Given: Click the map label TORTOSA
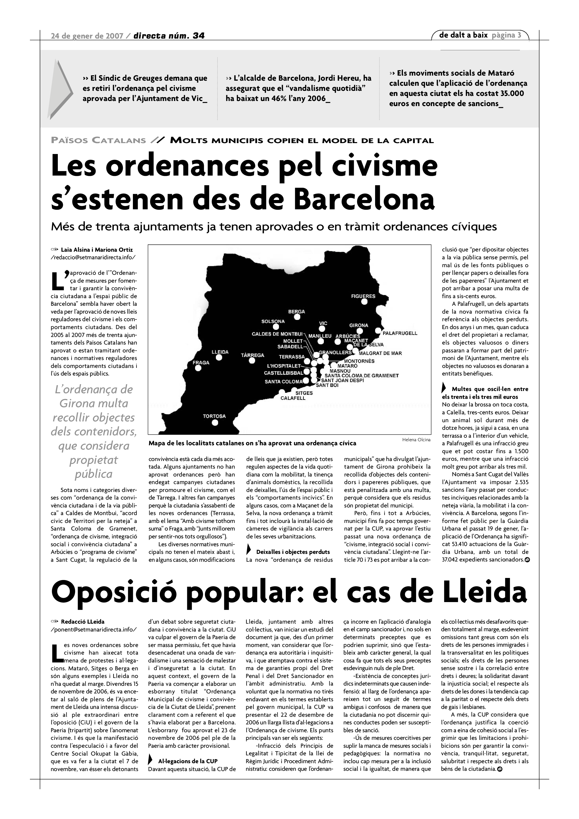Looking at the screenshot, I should (x=214, y=416).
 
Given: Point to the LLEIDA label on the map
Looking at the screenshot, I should (x=220, y=352).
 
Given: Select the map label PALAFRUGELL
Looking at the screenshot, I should (x=400, y=333).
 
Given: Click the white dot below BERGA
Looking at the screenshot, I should (x=297, y=317).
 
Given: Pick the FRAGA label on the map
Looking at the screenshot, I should (x=201, y=362).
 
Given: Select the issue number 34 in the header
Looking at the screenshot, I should (x=199, y=36).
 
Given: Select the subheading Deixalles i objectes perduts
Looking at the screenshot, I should (x=293, y=552).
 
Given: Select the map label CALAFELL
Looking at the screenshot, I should (x=293, y=398).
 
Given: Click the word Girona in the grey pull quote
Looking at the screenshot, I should (x=76, y=403).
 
